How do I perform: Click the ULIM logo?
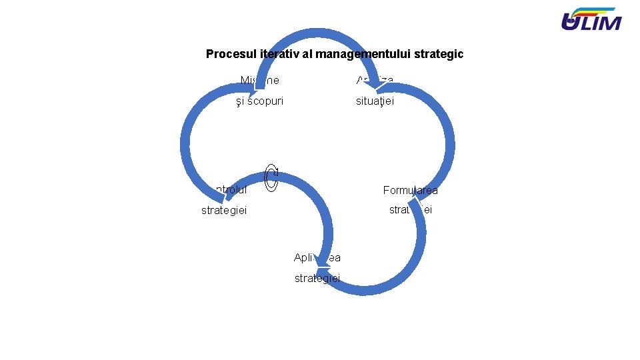[591, 19]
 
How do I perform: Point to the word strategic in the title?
[440, 54]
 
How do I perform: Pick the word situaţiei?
[375, 101]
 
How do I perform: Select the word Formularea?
[410, 190]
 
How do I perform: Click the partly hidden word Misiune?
[260, 81]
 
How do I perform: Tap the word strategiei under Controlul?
[224, 210]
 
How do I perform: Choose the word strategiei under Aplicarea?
[317, 278]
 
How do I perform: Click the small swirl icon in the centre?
[271, 177]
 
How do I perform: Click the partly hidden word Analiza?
[375, 81]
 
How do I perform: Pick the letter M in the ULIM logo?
[609, 23]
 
